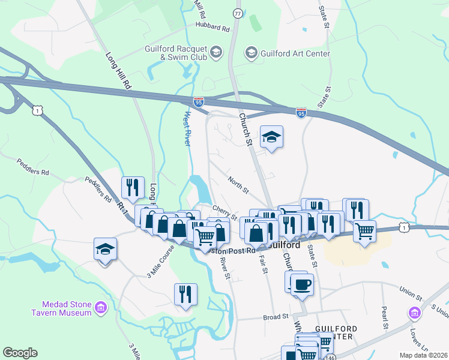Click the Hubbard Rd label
212,28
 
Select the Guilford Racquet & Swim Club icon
217,53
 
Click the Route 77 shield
238,13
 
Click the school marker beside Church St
271,138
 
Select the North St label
238,185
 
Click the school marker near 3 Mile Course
105,250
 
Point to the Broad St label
276,316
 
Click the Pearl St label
385,313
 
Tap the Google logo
20,352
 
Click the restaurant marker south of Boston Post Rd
185,294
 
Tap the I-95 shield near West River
199,103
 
